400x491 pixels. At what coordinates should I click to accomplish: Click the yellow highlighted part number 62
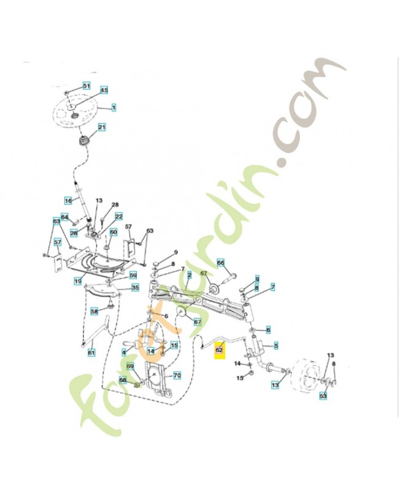(219, 352)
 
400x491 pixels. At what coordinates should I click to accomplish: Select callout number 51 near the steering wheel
(87, 85)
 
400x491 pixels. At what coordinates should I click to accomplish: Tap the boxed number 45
(104, 90)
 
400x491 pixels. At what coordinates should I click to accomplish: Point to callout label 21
(102, 128)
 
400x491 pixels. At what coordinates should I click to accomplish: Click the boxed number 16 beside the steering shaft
(69, 200)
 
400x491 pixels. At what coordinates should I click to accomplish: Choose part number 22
(118, 216)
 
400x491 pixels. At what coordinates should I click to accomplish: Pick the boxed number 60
(113, 232)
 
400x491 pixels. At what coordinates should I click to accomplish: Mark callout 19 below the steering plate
(78, 281)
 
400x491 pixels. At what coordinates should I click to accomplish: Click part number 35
(135, 287)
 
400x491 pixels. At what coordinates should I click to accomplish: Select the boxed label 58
(94, 311)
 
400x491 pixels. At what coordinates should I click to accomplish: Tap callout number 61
(91, 352)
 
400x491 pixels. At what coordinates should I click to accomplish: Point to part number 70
(177, 375)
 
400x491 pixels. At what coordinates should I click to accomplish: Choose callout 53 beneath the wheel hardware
(323, 396)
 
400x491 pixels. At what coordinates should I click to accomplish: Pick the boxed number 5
(276, 346)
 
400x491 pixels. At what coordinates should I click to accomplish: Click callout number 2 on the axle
(190, 274)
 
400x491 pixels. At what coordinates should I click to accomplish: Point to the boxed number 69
(130, 366)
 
